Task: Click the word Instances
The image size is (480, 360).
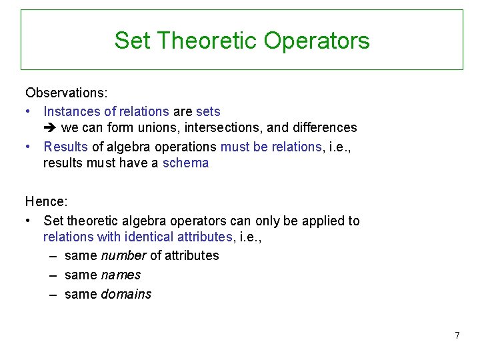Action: [x=71, y=111]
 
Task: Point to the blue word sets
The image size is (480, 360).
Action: [x=208, y=111]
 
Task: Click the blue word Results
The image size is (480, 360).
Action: [x=65, y=146]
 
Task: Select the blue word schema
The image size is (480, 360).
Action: [x=185, y=163]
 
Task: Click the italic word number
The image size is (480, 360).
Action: [x=123, y=255]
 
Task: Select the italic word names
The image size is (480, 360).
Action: [x=121, y=275]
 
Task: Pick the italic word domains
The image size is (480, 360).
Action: [x=126, y=294]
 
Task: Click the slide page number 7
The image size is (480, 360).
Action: [x=457, y=335]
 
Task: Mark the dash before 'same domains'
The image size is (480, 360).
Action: [x=53, y=294]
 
